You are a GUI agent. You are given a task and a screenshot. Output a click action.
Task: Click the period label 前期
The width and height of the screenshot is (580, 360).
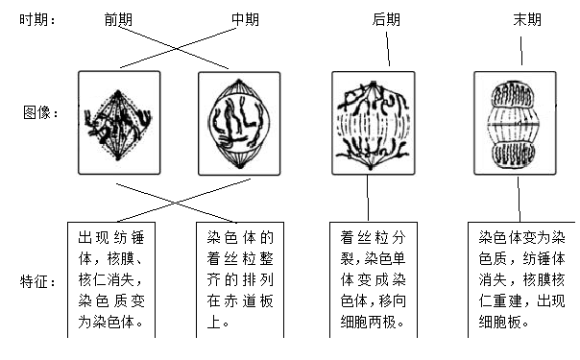[x=121, y=20]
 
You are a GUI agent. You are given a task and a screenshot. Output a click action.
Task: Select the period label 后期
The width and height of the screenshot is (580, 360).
[x=386, y=20]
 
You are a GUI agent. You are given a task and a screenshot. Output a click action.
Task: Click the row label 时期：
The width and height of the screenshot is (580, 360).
[x=39, y=20]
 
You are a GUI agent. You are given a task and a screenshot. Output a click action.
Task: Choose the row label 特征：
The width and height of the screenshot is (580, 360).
[x=39, y=282]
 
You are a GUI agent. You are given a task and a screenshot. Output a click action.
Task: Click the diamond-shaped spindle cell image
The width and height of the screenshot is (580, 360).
[x=119, y=122]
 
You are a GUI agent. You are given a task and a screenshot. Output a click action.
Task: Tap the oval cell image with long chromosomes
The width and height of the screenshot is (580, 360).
[x=238, y=122]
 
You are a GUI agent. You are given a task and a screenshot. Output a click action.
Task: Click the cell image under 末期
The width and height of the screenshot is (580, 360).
[x=516, y=122]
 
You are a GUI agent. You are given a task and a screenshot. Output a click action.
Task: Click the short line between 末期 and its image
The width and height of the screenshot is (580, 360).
[x=523, y=51]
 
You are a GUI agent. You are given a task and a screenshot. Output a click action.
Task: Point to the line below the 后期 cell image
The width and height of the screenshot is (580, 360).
[x=370, y=200]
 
